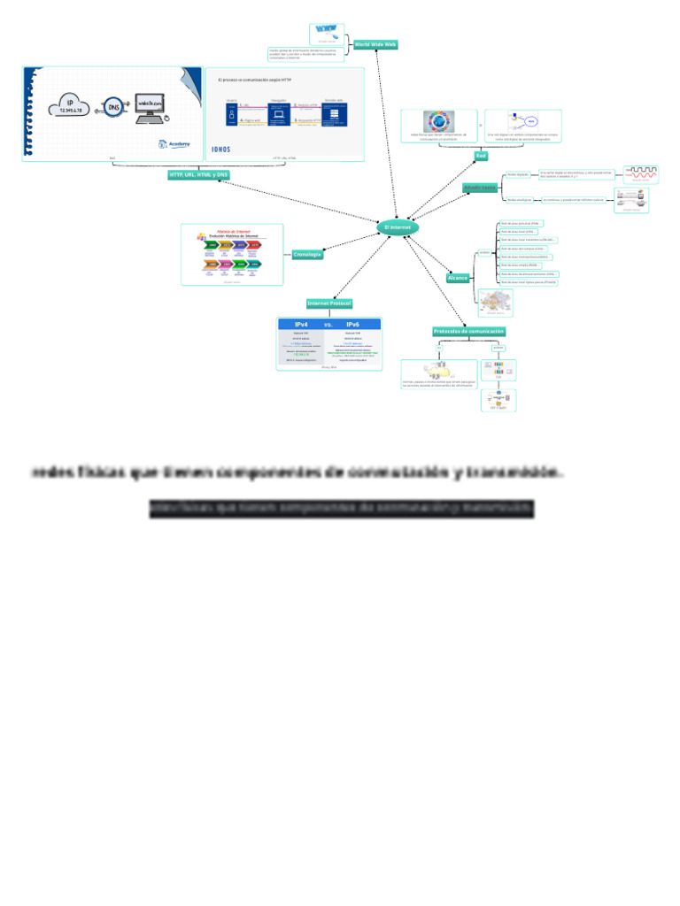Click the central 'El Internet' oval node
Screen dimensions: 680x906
(x=398, y=228)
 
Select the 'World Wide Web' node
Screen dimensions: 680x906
(x=375, y=43)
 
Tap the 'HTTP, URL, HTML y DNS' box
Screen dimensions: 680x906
(x=198, y=175)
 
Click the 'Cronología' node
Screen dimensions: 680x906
(x=307, y=255)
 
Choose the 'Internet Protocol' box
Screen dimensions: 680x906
(x=329, y=303)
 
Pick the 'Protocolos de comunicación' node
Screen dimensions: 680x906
(x=469, y=332)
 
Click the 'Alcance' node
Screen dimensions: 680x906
(x=458, y=278)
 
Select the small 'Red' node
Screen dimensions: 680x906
(x=481, y=156)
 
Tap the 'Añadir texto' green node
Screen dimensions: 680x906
(x=480, y=188)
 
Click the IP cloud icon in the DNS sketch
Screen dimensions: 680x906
(x=71, y=106)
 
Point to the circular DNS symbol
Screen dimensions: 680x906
(x=114, y=106)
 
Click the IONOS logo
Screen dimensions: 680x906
(x=221, y=149)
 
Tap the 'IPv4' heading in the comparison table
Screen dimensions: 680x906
(x=301, y=325)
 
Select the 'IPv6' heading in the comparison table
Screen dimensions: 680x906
(x=352, y=325)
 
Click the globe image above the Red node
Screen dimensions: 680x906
(x=437, y=122)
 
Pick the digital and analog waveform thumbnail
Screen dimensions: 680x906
(x=641, y=173)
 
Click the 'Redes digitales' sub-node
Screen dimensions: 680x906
(x=517, y=174)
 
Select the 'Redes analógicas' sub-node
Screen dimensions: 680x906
(x=519, y=200)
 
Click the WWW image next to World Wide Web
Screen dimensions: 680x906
(x=328, y=33)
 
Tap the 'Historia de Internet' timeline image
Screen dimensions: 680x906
(x=232, y=254)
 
